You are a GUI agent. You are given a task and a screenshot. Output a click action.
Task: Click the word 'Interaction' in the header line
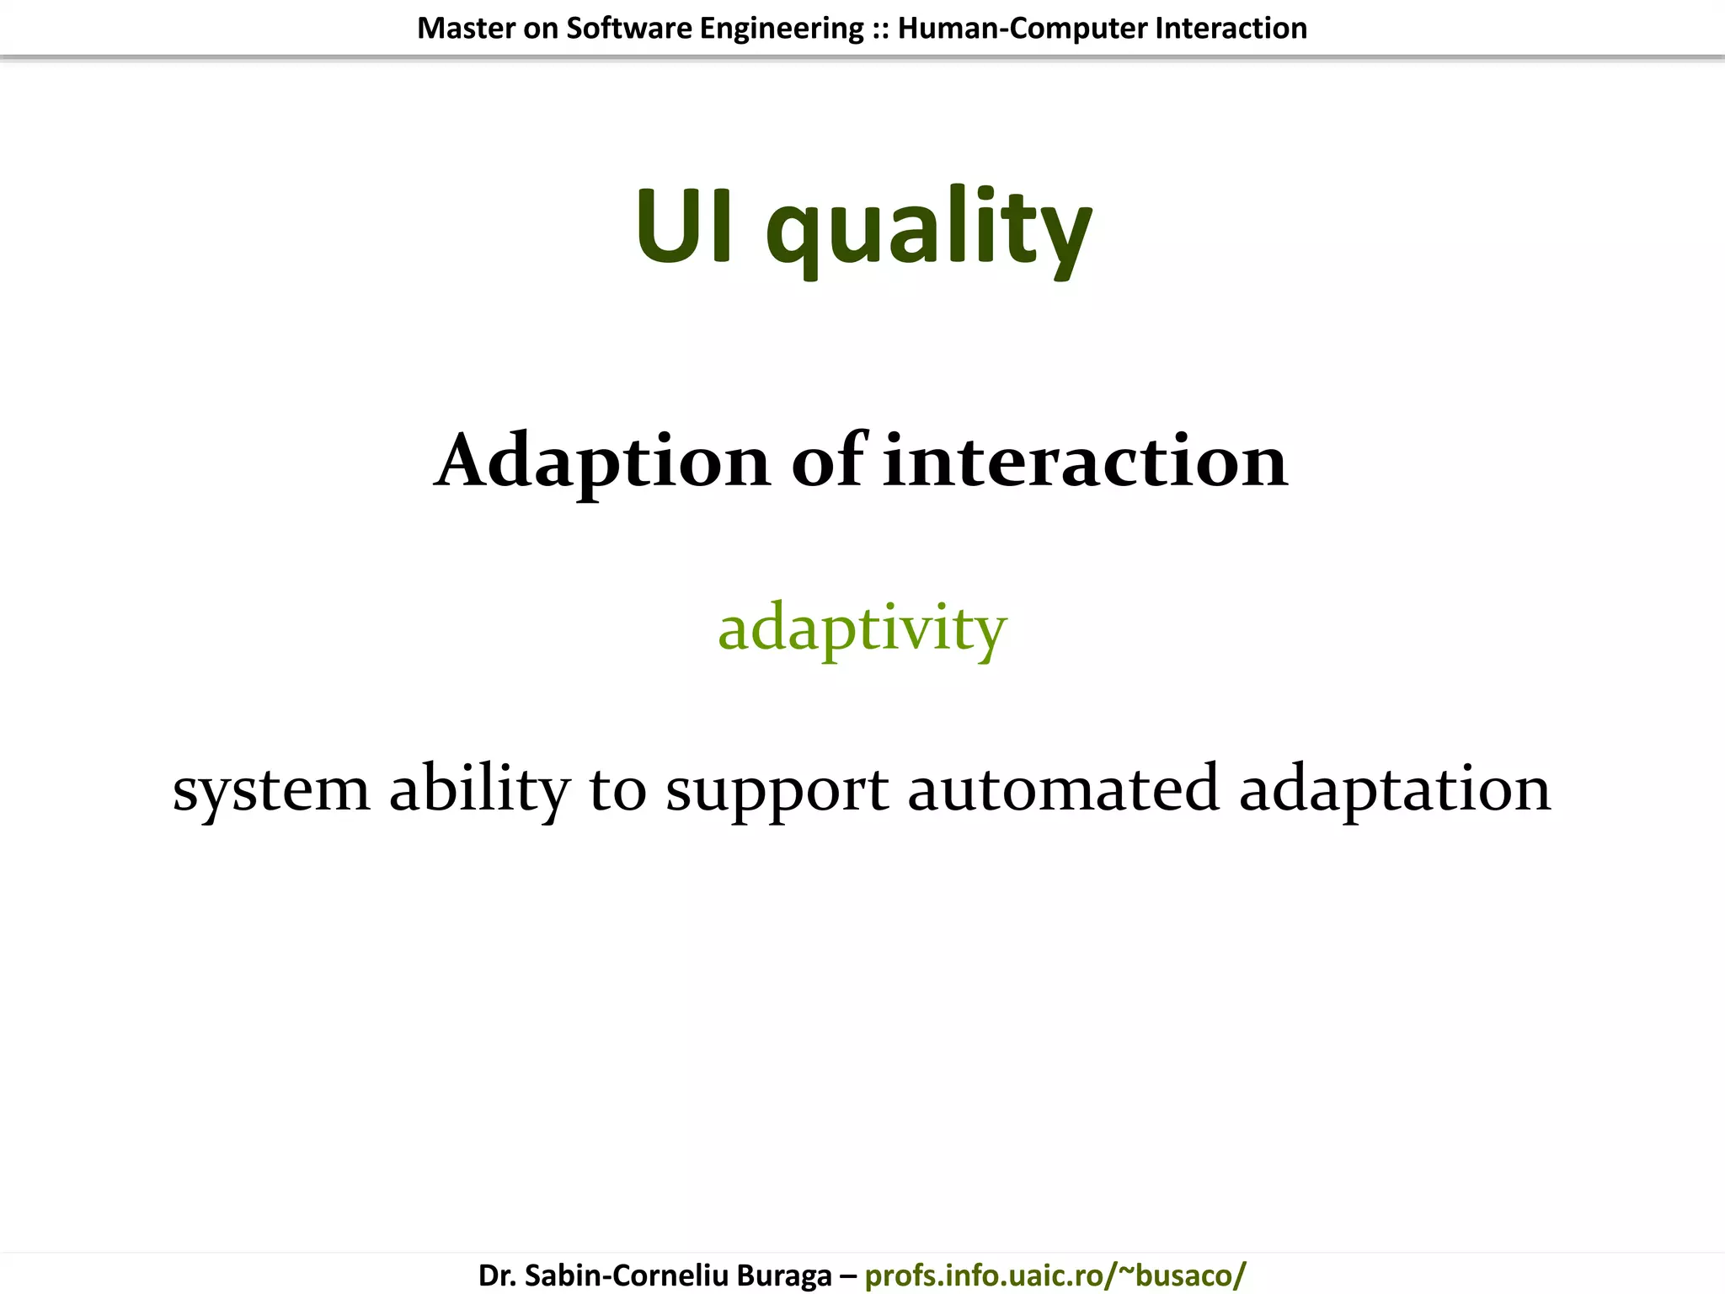pyautogui.click(x=1231, y=29)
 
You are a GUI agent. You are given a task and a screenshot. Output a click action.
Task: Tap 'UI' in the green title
pyautogui.click(x=683, y=226)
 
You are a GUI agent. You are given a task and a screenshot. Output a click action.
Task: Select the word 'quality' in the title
pyautogui.click(x=928, y=232)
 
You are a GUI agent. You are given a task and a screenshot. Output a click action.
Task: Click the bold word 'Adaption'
pyautogui.click(x=602, y=462)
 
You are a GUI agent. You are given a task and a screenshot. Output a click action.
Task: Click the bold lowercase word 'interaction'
pyautogui.click(x=1085, y=462)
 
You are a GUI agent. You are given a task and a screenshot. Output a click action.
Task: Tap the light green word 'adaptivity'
pyautogui.click(x=862, y=628)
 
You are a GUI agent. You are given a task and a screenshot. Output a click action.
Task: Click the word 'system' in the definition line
pyautogui.click(x=271, y=790)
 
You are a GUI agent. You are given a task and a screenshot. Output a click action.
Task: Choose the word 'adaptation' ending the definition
pyautogui.click(x=1394, y=790)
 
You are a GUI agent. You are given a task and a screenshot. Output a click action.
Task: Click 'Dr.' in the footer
pyautogui.click(x=497, y=1275)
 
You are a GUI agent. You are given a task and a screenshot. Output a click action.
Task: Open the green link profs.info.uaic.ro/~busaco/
pyautogui.click(x=1055, y=1275)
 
